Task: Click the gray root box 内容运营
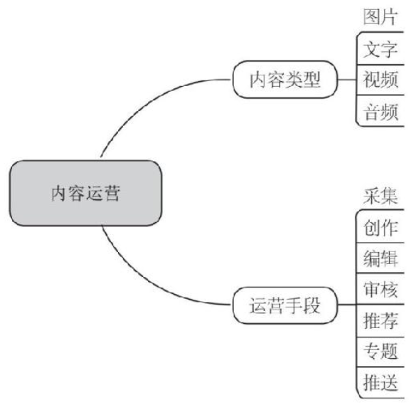[x=86, y=193]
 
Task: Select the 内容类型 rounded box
[x=285, y=80]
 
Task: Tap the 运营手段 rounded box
[x=285, y=305]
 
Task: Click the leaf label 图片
[x=381, y=17]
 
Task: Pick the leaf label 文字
[x=381, y=49]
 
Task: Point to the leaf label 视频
[x=381, y=80]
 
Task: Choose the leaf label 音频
[x=381, y=112]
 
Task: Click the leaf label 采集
[x=381, y=196]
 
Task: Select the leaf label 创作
[x=381, y=227]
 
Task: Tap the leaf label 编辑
[x=381, y=258]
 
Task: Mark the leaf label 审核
[x=381, y=289]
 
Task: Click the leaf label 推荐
[x=381, y=320]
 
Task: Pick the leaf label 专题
[x=381, y=351]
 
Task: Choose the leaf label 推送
[x=381, y=382]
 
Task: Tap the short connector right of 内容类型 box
[x=347, y=80]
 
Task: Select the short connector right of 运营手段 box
[x=347, y=305]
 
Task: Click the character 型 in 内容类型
[x=312, y=80]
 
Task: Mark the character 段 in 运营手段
[x=312, y=305]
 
